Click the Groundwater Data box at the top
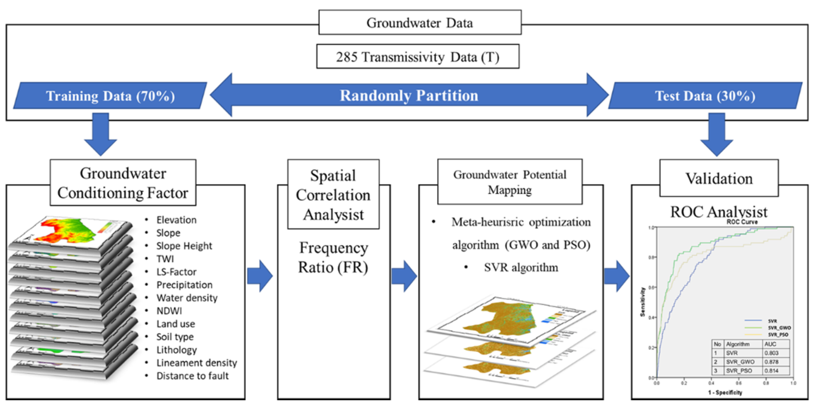419,23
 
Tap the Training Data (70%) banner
110,96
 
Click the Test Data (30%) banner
705,96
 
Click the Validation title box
719,178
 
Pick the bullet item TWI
165,259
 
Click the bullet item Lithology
177,350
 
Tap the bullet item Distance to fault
192,376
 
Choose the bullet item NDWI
169,311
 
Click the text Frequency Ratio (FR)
333,257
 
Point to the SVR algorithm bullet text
521,267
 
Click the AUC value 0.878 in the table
771,362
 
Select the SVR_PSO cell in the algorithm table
739,371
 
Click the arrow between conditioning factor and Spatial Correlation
260,276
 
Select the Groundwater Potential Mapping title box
510,182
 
